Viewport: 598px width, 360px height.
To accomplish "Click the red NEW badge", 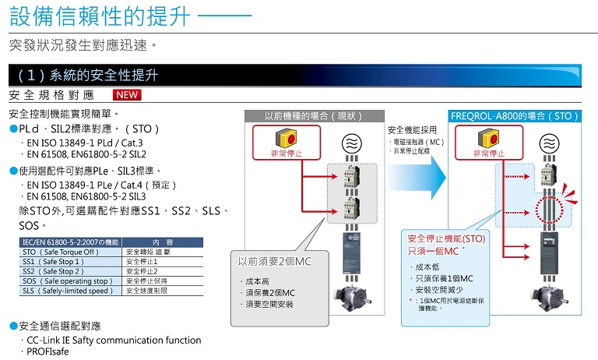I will pos(128,95).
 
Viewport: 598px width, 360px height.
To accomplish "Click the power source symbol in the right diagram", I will pos(550,142).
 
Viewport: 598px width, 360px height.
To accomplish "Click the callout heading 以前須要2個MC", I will pos(273,262).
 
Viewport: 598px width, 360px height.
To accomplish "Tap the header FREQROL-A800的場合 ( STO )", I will pos(514,115).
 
